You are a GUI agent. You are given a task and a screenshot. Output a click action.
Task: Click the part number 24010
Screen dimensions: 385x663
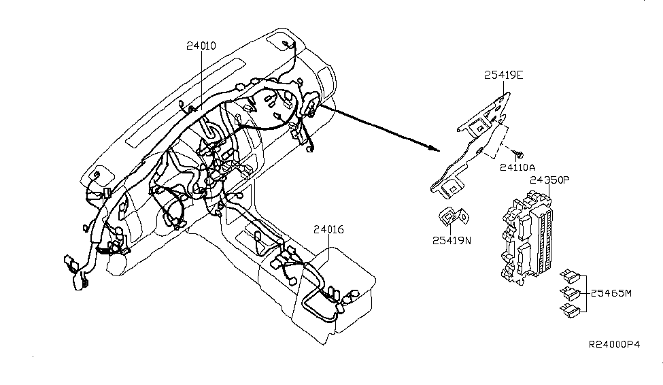[201, 46]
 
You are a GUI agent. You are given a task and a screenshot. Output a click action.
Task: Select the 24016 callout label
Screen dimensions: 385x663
[328, 231]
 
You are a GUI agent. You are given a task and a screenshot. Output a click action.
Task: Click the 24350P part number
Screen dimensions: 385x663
[551, 181]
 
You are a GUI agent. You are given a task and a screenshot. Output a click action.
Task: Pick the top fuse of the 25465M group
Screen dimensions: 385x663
[570, 277]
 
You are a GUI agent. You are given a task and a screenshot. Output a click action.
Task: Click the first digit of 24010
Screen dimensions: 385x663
[188, 46]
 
